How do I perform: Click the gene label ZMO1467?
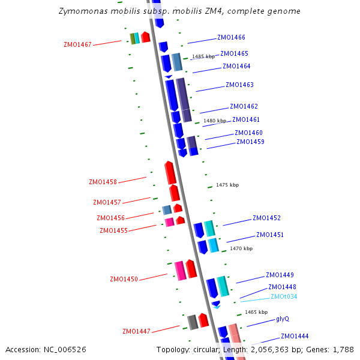pyautogui.click(x=77, y=44)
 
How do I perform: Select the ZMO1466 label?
pyautogui.click(x=231, y=37)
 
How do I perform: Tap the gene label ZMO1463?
pyautogui.click(x=239, y=85)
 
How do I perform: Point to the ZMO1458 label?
pyautogui.click(x=103, y=181)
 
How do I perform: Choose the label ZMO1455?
pyautogui.click(x=113, y=230)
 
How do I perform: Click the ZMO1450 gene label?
pyautogui.click(x=124, y=279)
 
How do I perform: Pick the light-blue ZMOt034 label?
pyautogui.click(x=284, y=296)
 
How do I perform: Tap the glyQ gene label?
pyautogui.click(x=283, y=319)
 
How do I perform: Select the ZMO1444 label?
pyautogui.click(x=295, y=336)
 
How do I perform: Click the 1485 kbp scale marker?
pyautogui.click(x=203, y=57)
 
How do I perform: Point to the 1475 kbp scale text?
pyautogui.click(x=227, y=185)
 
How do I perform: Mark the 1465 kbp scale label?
pyautogui.click(x=256, y=312)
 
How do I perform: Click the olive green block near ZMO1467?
pyautogui.click(x=133, y=38)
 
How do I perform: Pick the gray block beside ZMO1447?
pyautogui.click(x=193, y=322)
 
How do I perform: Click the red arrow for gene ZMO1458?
pyautogui.click(x=170, y=173)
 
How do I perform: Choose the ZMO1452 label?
pyautogui.click(x=266, y=218)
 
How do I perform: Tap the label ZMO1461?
pyautogui.click(x=246, y=119)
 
